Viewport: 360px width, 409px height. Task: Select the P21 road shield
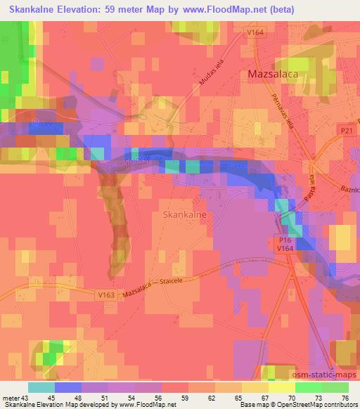(345, 131)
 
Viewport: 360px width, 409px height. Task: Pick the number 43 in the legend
(29, 397)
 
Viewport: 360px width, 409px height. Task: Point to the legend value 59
(185, 397)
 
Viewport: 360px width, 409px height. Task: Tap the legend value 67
(264, 397)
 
